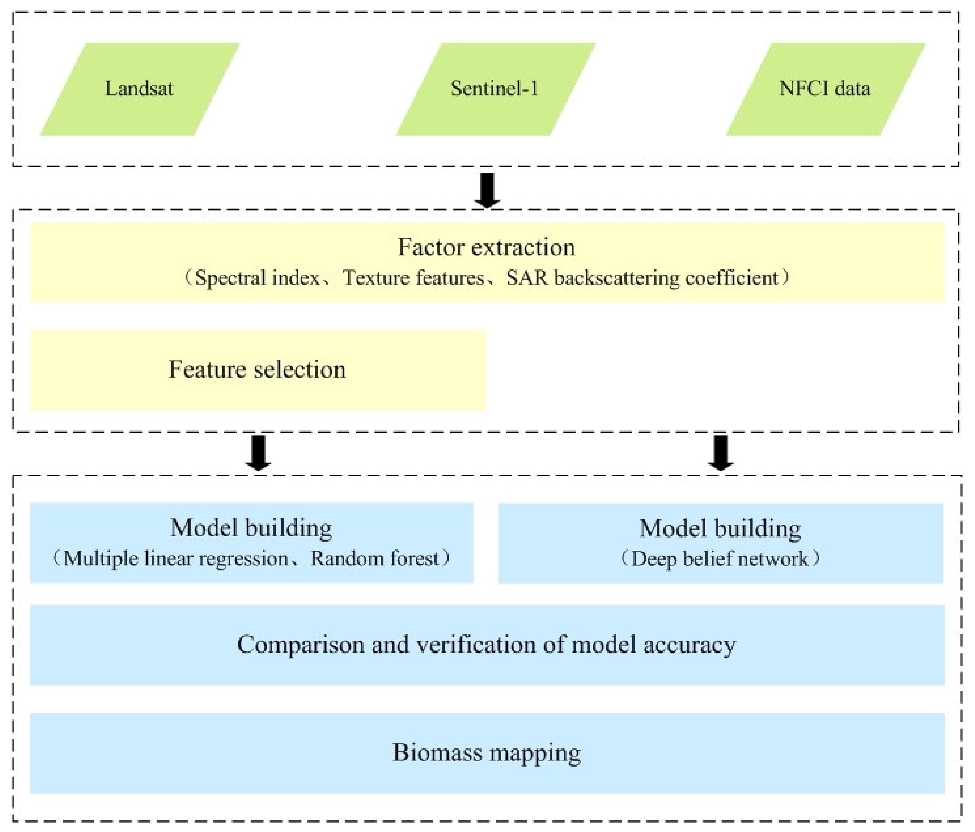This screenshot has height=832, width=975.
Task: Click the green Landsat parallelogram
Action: [140, 89]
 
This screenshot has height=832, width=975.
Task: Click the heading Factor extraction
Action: [487, 247]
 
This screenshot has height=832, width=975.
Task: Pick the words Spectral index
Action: [257, 278]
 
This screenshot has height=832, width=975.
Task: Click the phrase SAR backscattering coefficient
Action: [642, 278]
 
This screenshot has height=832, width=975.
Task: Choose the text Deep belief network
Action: [720, 559]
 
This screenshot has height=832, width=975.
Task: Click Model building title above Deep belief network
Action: [720, 529]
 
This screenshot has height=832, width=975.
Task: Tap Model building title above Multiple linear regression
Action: [251, 528]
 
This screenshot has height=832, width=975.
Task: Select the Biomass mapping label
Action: [487, 753]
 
